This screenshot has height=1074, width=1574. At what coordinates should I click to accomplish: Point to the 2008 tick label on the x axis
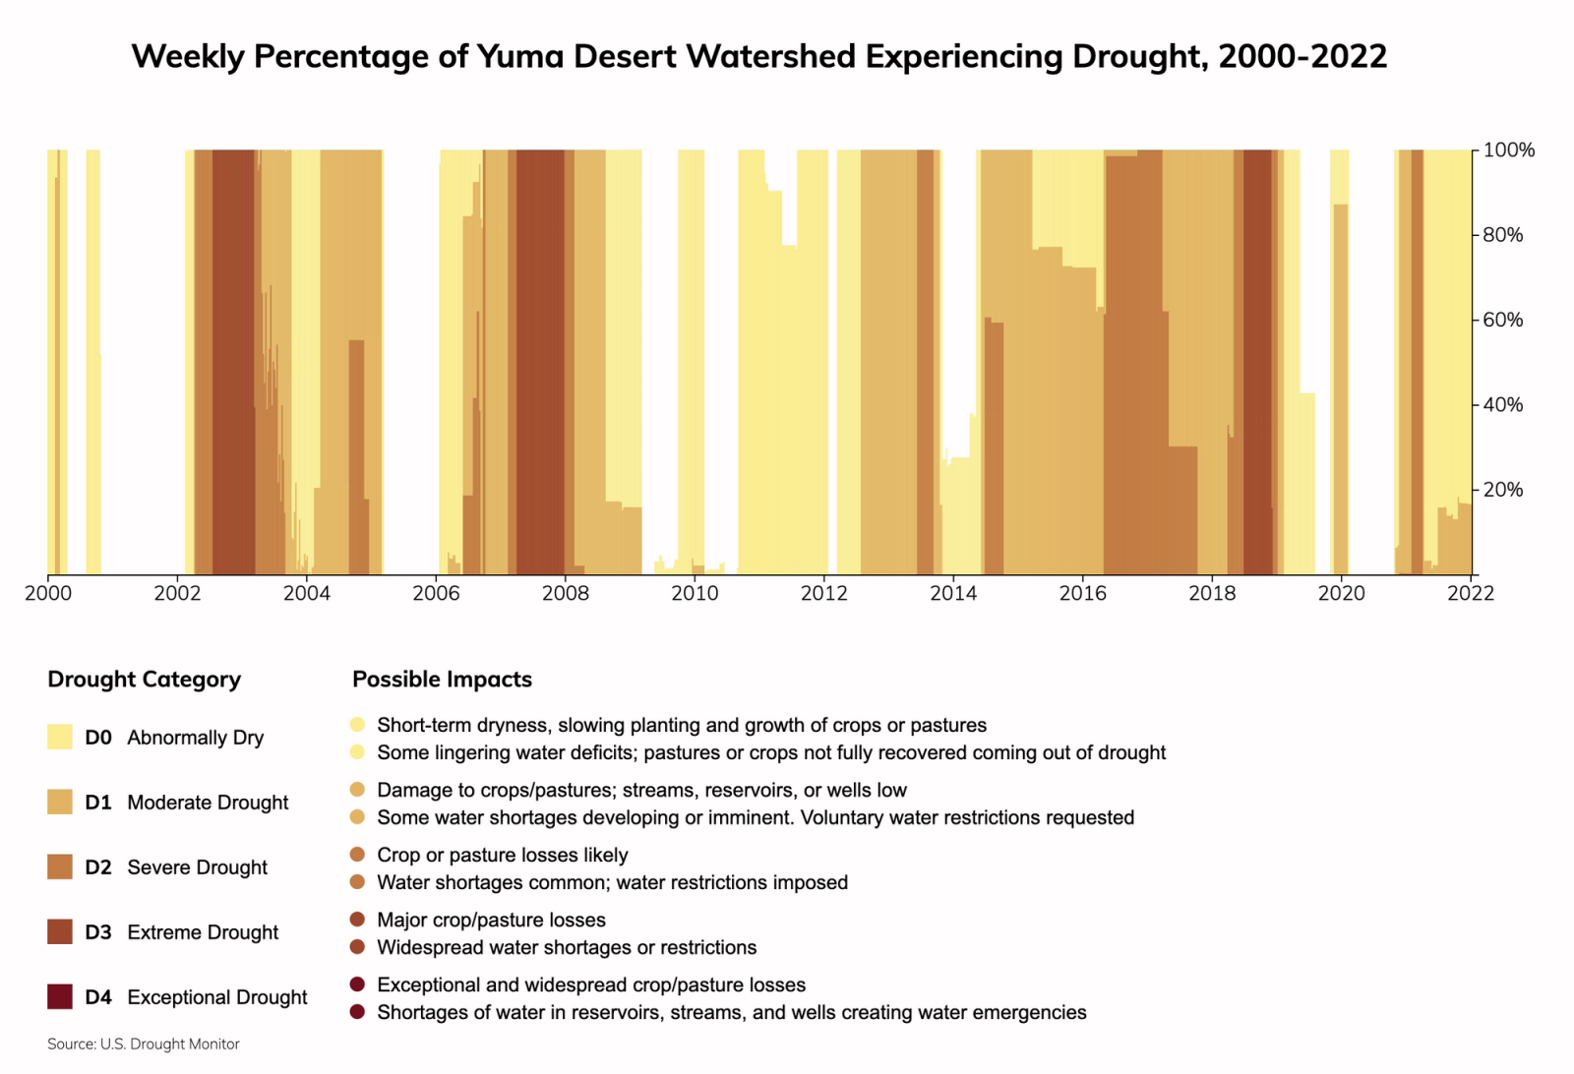(566, 594)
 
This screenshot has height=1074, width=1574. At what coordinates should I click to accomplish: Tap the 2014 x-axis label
(953, 594)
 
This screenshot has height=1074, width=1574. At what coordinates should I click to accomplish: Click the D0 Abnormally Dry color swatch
(60, 738)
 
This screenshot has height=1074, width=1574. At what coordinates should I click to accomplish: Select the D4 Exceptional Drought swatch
(60, 997)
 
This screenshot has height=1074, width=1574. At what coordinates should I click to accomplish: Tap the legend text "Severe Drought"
(197, 867)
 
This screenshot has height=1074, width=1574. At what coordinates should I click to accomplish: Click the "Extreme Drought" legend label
(203, 932)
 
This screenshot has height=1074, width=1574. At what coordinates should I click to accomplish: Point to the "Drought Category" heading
(144, 680)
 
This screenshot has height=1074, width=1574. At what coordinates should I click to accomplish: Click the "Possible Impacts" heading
(442, 680)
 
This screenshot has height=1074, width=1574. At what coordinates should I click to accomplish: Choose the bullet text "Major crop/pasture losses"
(491, 921)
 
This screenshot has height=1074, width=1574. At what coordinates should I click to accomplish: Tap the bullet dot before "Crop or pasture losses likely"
(358, 856)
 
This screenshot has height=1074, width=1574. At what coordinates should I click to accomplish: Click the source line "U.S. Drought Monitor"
(169, 1044)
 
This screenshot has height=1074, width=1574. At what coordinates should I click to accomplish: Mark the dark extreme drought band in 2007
(540, 364)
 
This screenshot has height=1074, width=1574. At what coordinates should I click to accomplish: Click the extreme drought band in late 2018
(1256, 364)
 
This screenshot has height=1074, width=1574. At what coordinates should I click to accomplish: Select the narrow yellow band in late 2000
(92, 364)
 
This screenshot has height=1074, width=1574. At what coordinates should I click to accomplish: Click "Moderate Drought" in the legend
(208, 803)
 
